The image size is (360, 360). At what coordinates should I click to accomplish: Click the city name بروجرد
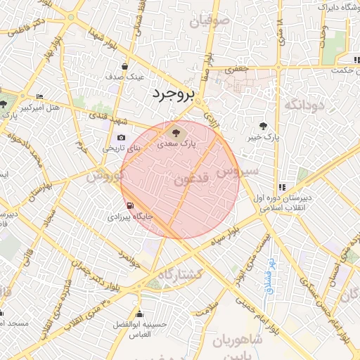coord(171,94)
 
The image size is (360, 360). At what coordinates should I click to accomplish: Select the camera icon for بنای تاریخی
coord(121,137)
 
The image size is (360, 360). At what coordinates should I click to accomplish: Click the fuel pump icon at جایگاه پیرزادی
coord(129,205)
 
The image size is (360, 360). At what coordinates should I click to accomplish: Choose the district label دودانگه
coord(303,105)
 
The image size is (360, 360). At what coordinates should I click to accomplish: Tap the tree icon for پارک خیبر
coord(263,127)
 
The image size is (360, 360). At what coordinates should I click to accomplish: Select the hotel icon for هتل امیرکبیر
coord(39,96)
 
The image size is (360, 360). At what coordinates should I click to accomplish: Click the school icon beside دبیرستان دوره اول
coord(282,187)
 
